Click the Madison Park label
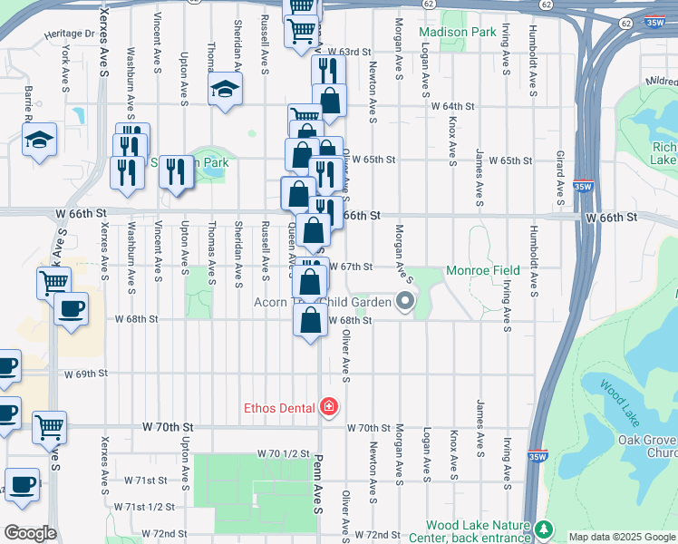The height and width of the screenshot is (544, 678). click(458, 32)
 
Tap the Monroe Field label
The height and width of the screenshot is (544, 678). click(482, 270)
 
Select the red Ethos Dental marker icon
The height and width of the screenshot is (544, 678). click(329, 407)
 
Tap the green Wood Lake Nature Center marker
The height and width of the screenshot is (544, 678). click(544, 527)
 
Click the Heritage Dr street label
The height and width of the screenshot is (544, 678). click(70, 34)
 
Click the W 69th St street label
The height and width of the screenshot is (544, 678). click(86, 374)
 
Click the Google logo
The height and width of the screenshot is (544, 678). click(29, 533)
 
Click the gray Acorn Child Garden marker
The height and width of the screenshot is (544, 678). click(405, 301)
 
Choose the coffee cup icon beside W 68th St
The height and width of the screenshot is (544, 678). click(71, 308)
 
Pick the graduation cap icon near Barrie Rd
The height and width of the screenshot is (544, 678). click(39, 140)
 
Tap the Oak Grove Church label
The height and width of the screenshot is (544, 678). click(647, 447)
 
